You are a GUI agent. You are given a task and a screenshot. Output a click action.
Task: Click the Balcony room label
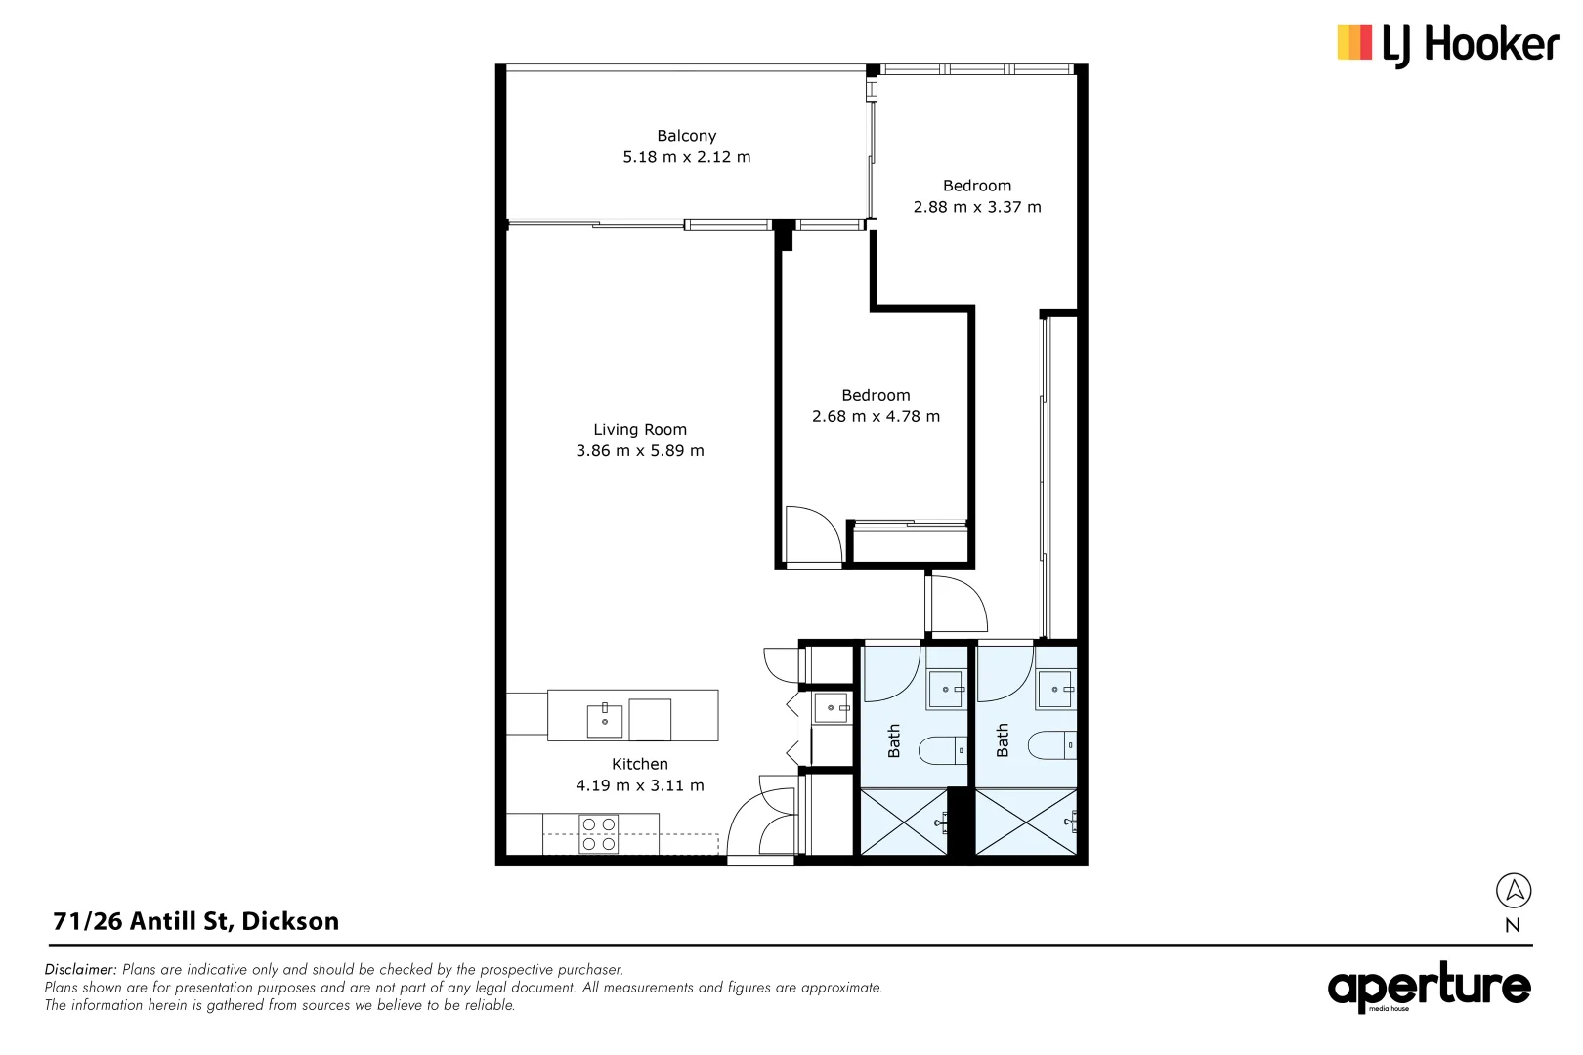(686, 136)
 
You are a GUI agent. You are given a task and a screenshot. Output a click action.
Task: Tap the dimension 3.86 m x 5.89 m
(640, 451)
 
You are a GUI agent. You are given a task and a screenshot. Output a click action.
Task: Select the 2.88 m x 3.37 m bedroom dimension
(977, 207)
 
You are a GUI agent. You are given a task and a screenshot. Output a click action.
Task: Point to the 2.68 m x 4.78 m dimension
(876, 417)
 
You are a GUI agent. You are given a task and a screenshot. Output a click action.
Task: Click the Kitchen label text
(640, 764)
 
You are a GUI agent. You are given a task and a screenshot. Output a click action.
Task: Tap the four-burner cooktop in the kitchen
(599, 834)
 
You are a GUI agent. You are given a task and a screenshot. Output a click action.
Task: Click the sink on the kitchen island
(605, 720)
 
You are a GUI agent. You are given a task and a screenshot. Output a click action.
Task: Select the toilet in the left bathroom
(943, 750)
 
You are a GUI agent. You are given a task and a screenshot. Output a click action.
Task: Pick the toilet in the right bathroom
(1052, 745)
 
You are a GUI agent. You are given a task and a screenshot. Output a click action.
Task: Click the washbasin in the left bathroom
(945, 689)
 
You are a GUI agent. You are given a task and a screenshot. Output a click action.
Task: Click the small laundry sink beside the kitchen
(832, 708)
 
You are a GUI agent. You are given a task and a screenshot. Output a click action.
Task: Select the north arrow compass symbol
(1514, 891)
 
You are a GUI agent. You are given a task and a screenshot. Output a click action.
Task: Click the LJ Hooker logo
(1447, 45)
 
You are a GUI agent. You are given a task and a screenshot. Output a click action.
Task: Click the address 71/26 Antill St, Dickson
(196, 921)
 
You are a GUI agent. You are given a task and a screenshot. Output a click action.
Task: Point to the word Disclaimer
(81, 970)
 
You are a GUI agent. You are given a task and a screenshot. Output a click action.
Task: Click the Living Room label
(640, 430)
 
